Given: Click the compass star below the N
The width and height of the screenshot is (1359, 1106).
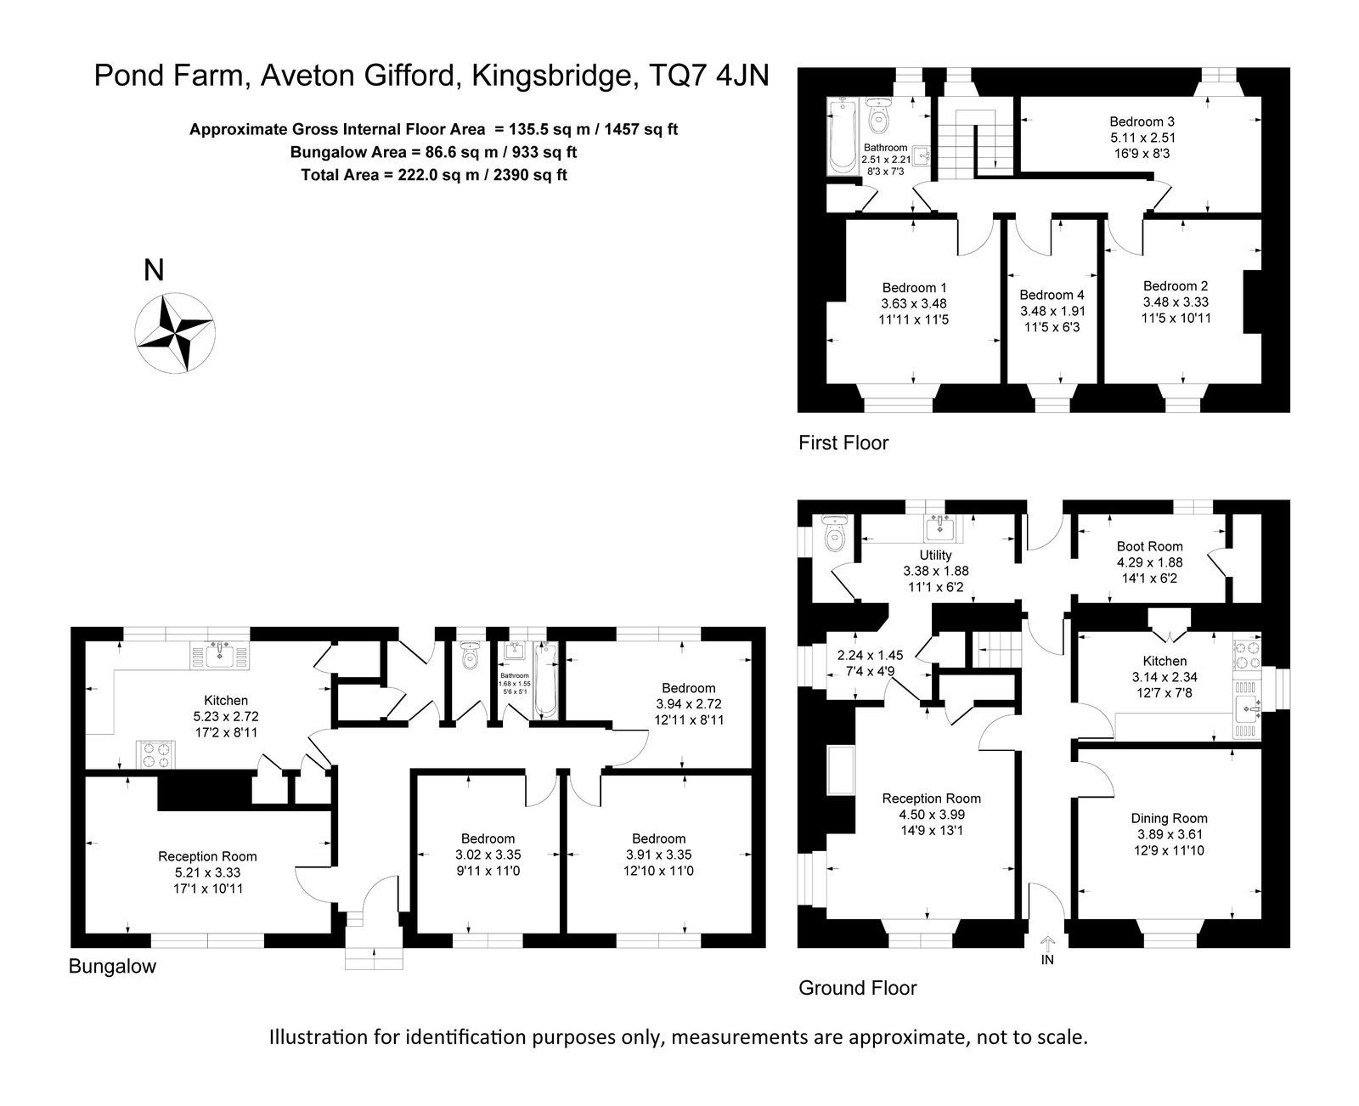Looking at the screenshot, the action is coord(176,332).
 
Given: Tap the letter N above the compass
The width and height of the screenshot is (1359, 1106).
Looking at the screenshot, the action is coord(154,271).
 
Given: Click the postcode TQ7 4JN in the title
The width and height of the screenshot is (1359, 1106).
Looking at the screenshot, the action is coord(709,76).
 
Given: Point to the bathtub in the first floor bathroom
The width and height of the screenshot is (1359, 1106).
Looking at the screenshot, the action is coord(843,137).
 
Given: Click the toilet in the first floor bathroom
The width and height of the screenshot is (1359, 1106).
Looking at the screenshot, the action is coord(879,115).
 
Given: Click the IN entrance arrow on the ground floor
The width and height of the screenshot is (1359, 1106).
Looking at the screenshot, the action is coord(1047,944).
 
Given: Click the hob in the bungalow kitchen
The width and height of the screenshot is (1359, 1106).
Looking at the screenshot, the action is coord(156,754).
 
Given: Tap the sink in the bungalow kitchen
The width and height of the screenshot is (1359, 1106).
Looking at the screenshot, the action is coord(219,656).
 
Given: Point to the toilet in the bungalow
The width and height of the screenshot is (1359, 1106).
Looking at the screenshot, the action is coord(470,656).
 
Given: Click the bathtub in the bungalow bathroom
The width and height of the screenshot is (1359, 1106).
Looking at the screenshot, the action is coord(545,680).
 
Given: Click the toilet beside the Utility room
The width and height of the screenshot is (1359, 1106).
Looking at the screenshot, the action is coord(835,533).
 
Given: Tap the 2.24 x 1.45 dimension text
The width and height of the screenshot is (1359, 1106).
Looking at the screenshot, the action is coord(871,656).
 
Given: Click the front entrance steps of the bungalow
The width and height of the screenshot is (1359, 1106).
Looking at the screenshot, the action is coord(373,958).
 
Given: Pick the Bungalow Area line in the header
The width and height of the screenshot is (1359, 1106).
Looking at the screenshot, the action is coord(433,152).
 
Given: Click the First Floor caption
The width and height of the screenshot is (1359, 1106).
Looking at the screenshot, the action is coord(843,443).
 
